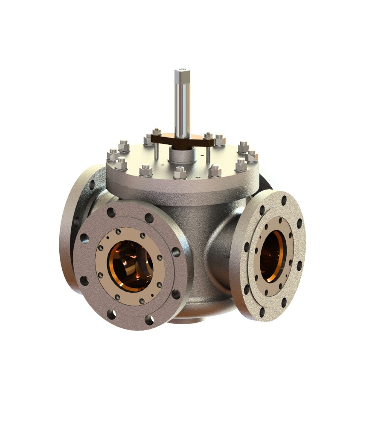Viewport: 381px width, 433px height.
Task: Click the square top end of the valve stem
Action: [182, 75]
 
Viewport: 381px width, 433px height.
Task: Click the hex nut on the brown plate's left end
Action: [157, 133]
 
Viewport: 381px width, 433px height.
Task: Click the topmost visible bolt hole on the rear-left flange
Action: [92, 184]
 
